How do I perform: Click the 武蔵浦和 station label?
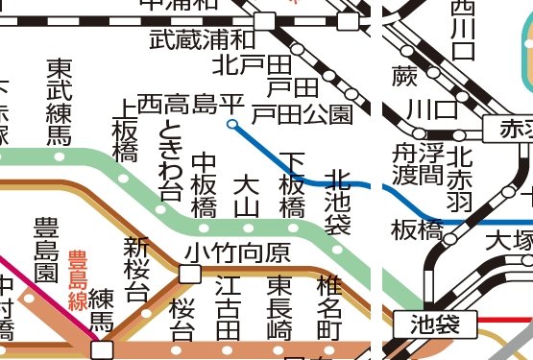point(203,40)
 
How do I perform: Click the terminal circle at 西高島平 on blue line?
point(231,123)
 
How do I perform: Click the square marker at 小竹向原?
point(190,274)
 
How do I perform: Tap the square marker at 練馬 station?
point(100,348)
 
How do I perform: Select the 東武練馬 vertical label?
point(60,102)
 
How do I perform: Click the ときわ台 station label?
point(171,160)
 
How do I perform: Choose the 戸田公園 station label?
point(302,115)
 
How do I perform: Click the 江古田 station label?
point(228,307)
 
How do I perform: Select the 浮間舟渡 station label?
point(417,176)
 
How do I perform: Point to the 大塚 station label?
point(508,239)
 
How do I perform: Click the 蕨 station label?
point(404,75)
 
